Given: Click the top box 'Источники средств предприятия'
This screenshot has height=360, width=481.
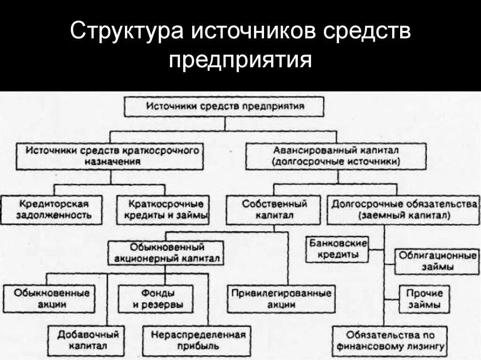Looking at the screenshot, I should coord(225,106).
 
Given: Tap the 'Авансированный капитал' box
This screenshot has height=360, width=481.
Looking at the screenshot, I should coord(336,156).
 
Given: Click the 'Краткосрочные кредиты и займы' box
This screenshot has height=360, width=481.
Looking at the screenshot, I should coord(163,210).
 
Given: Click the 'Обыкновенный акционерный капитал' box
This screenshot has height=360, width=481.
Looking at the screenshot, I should coord(165,253).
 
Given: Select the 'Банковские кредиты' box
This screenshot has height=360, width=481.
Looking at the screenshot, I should coord(337,249).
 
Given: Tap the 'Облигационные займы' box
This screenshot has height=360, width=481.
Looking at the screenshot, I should coord(437,261).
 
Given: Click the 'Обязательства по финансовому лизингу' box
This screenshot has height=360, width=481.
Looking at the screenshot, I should coord(389,341).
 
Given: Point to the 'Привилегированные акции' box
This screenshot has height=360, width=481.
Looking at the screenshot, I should coord(281,299).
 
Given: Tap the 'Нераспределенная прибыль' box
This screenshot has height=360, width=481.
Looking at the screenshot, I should coord(197,340).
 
